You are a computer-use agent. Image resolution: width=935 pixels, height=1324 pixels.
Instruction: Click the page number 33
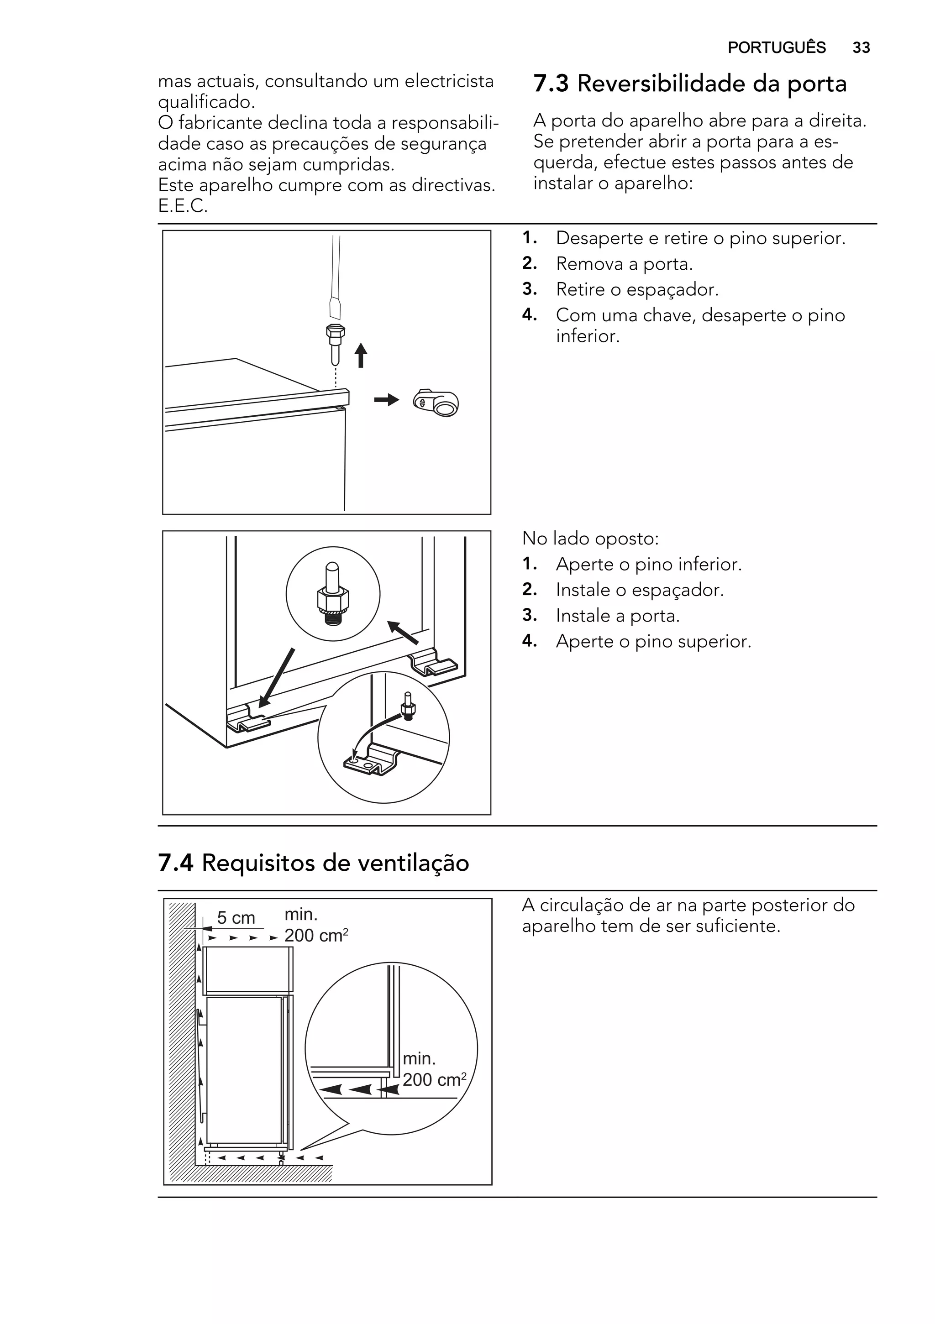point(861,47)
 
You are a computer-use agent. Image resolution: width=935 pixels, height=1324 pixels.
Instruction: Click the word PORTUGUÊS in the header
point(777,47)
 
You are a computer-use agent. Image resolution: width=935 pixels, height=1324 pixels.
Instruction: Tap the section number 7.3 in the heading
point(551,84)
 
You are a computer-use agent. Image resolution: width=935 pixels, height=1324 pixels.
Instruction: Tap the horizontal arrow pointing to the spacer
point(386,400)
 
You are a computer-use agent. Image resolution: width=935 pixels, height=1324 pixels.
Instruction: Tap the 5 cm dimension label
point(236,918)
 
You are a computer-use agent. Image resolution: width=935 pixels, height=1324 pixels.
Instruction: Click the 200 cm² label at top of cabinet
point(315,935)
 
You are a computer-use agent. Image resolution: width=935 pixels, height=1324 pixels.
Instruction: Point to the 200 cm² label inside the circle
point(434,1079)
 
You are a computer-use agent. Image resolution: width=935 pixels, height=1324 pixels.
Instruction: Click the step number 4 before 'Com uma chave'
point(529,315)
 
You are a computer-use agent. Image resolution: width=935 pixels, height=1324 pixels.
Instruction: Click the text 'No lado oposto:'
point(589,539)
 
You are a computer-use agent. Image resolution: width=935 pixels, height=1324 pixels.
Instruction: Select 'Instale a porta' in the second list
point(617,616)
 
